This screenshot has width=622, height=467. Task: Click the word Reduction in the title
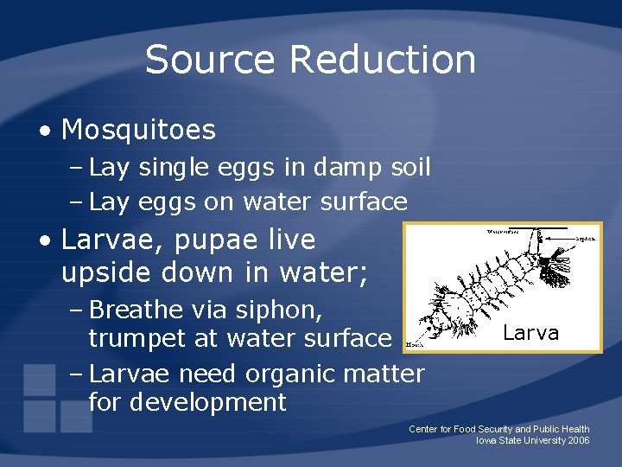coord(383,61)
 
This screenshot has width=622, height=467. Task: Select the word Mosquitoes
coord(138,131)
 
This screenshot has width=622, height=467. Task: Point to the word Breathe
coord(136,310)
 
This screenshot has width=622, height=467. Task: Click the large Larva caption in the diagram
coord(530,333)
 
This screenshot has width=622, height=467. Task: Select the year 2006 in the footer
coord(578,441)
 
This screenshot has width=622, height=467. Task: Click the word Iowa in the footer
coord(487,441)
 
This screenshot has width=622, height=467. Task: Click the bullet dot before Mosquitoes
coord(46,131)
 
